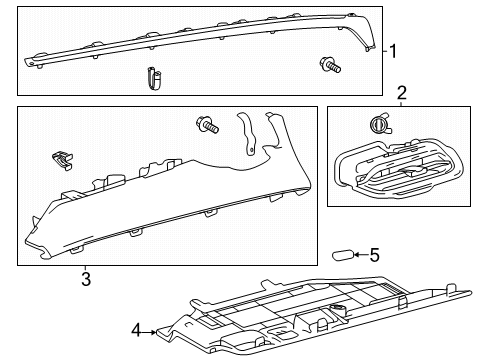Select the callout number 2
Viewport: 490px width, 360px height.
point(402,92)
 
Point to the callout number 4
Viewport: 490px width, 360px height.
point(136,327)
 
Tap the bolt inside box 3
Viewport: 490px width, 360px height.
point(208,125)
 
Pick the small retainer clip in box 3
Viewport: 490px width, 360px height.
point(63,159)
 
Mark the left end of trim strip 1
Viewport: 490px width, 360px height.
point(36,59)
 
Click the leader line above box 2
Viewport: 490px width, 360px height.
point(402,103)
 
